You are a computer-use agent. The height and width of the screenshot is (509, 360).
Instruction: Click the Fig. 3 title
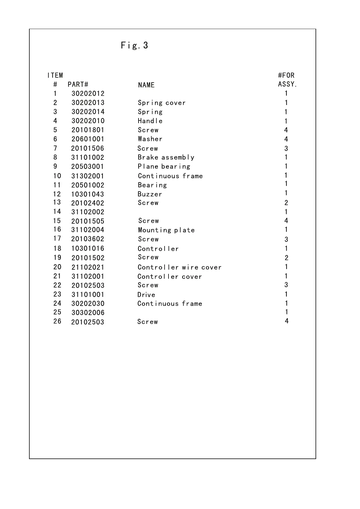click(x=134, y=45)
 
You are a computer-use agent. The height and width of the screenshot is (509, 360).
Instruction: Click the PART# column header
click(x=78, y=84)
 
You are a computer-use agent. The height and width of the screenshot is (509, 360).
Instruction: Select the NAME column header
click(x=146, y=85)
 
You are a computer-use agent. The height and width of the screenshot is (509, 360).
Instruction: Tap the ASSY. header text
click(x=287, y=84)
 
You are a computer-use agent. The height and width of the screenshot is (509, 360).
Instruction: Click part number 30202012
click(x=88, y=94)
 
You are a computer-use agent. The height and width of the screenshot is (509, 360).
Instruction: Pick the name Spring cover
click(x=162, y=103)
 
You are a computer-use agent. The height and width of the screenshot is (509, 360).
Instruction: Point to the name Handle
click(x=150, y=121)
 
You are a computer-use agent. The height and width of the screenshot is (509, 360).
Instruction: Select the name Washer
click(x=150, y=139)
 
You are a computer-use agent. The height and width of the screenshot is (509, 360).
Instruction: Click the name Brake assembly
click(x=166, y=157)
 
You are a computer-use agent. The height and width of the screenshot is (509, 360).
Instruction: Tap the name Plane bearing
click(x=164, y=166)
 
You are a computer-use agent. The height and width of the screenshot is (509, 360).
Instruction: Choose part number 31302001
click(x=88, y=176)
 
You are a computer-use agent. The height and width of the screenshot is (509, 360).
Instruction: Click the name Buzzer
click(x=150, y=194)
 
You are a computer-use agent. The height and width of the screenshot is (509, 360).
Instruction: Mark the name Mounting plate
click(x=166, y=230)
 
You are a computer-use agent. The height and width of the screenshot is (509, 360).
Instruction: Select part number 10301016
click(x=88, y=248)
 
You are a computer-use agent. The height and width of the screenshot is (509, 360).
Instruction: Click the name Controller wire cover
click(x=179, y=267)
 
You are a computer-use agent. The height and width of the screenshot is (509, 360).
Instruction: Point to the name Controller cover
click(x=169, y=276)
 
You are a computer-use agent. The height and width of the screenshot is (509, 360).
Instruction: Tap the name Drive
click(x=146, y=294)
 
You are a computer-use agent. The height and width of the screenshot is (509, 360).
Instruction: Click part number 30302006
click(x=88, y=313)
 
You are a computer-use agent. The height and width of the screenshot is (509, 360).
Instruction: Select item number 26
click(x=57, y=321)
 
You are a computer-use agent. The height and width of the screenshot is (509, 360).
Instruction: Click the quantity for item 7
click(x=286, y=148)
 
